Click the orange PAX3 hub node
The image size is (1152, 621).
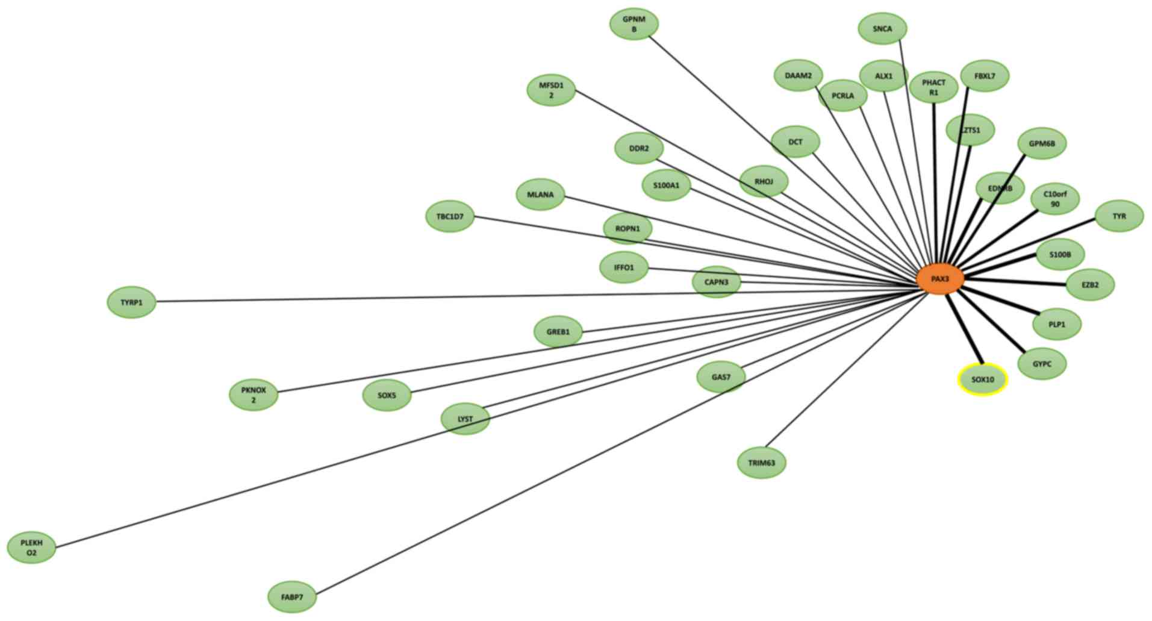pyautogui.click(x=939, y=279)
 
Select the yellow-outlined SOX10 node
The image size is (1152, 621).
pyautogui.click(x=982, y=380)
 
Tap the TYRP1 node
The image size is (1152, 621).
pyautogui.click(x=131, y=302)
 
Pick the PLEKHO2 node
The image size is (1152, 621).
pyautogui.click(x=31, y=548)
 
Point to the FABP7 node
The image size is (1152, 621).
pyautogui.click(x=292, y=598)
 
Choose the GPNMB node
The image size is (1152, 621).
pyautogui.click(x=634, y=24)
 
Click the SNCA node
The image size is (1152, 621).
pyautogui.click(x=882, y=29)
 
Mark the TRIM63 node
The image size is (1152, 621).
pyautogui.click(x=762, y=463)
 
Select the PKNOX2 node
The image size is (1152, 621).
pyautogui.click(x=254, y=395)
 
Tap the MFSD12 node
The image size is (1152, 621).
pyautogui.click(x=551, y=90)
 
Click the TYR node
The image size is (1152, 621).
pyautogui.click(x=1119, y=216)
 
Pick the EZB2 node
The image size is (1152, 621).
pyautogui.click(x=1090, y=284)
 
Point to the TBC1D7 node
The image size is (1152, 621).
pyautogui.click(x=450, y=216)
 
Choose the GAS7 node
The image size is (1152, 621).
pyautogui.click(x=721, y=377)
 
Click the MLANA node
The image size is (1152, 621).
pyautogui.click(x=540, y=195)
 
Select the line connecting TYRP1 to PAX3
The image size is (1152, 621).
pyautogui.click(x=422, y=298)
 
